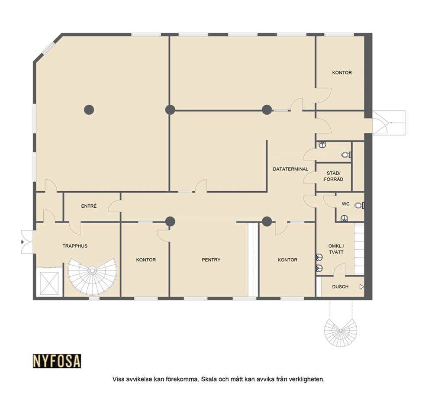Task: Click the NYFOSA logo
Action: pyautogui.click(x=57, y=361)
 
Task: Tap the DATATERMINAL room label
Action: pyautogui.click(x=290, y=169)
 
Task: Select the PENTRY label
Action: pyautogui.click(x=211, y=260)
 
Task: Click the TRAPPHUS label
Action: pyautogui.click(x=75, y=246)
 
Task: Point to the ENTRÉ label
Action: pyautogui.click(x=89, y=206)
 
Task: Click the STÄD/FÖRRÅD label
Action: pyautogui.click(x=334, y=176)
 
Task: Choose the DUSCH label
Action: pyautogui.click(x=340, y=287)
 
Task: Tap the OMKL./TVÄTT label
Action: pyautogui.click(x=336, y=249)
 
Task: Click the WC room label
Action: pyautogui.click(x=345, y=204)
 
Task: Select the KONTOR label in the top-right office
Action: pyautogui.click(x=342, y=73)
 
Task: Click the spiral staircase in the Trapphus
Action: pyautogui.click(x=92, y=276)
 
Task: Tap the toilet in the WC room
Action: pyautogui.click(x=359, y=206)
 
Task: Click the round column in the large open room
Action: pyautogui.click(x=89, y=110)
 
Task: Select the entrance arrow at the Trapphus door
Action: pyautogui.click(x=23, y=242)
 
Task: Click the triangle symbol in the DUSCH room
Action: pyautogui.click(x=362, y=287)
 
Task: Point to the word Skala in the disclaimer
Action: pyautogui.click(x=209, y=379)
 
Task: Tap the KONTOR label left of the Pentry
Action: pyautogui.click(x=146, y=260)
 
